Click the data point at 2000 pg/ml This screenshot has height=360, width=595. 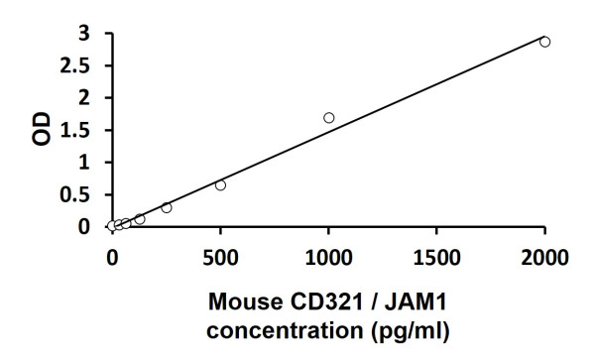(544, 42)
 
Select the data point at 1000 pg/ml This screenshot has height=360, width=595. (328, 118)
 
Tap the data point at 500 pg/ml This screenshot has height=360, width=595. (220, 185)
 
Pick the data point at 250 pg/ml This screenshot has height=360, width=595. (167, 207)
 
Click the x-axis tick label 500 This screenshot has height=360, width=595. (220, 260)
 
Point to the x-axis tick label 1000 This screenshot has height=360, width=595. (328, 260)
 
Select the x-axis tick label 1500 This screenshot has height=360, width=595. (436, 260)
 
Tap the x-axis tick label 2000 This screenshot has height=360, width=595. (544, 260)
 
